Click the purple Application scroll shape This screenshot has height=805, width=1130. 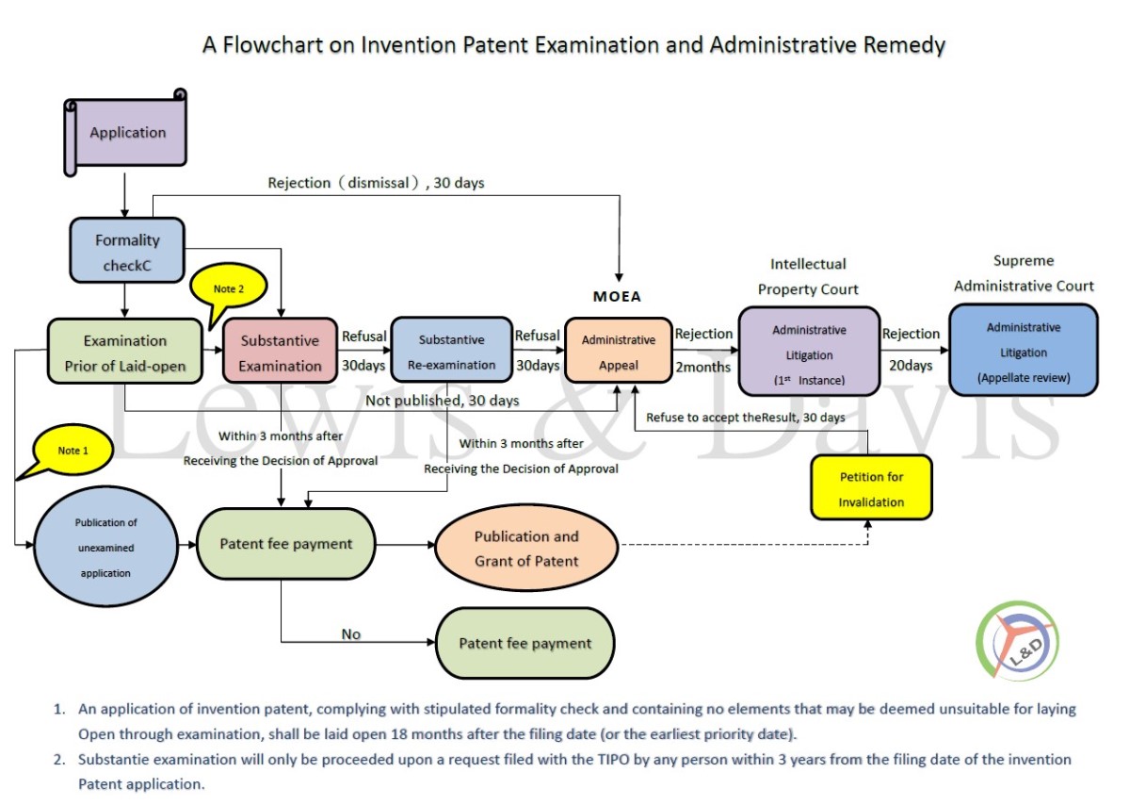125,132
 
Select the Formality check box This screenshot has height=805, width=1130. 127,251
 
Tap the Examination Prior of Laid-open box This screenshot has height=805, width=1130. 125,352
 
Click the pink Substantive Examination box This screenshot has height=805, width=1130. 280,351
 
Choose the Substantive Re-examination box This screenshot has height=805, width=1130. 451,350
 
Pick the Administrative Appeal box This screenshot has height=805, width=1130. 619,351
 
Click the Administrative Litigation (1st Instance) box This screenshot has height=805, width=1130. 809,351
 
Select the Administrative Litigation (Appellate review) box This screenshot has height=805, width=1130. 1024,350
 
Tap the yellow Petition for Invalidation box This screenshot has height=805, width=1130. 871,487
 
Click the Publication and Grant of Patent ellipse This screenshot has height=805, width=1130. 526,548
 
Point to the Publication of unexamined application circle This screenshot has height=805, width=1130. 105,547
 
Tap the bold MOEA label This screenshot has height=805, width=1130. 617,296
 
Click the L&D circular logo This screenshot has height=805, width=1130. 1018,640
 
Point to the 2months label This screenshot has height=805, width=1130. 702,367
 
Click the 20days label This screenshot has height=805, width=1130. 911,366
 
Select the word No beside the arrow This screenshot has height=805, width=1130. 351,633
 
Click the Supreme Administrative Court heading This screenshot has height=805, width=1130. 1024,273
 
